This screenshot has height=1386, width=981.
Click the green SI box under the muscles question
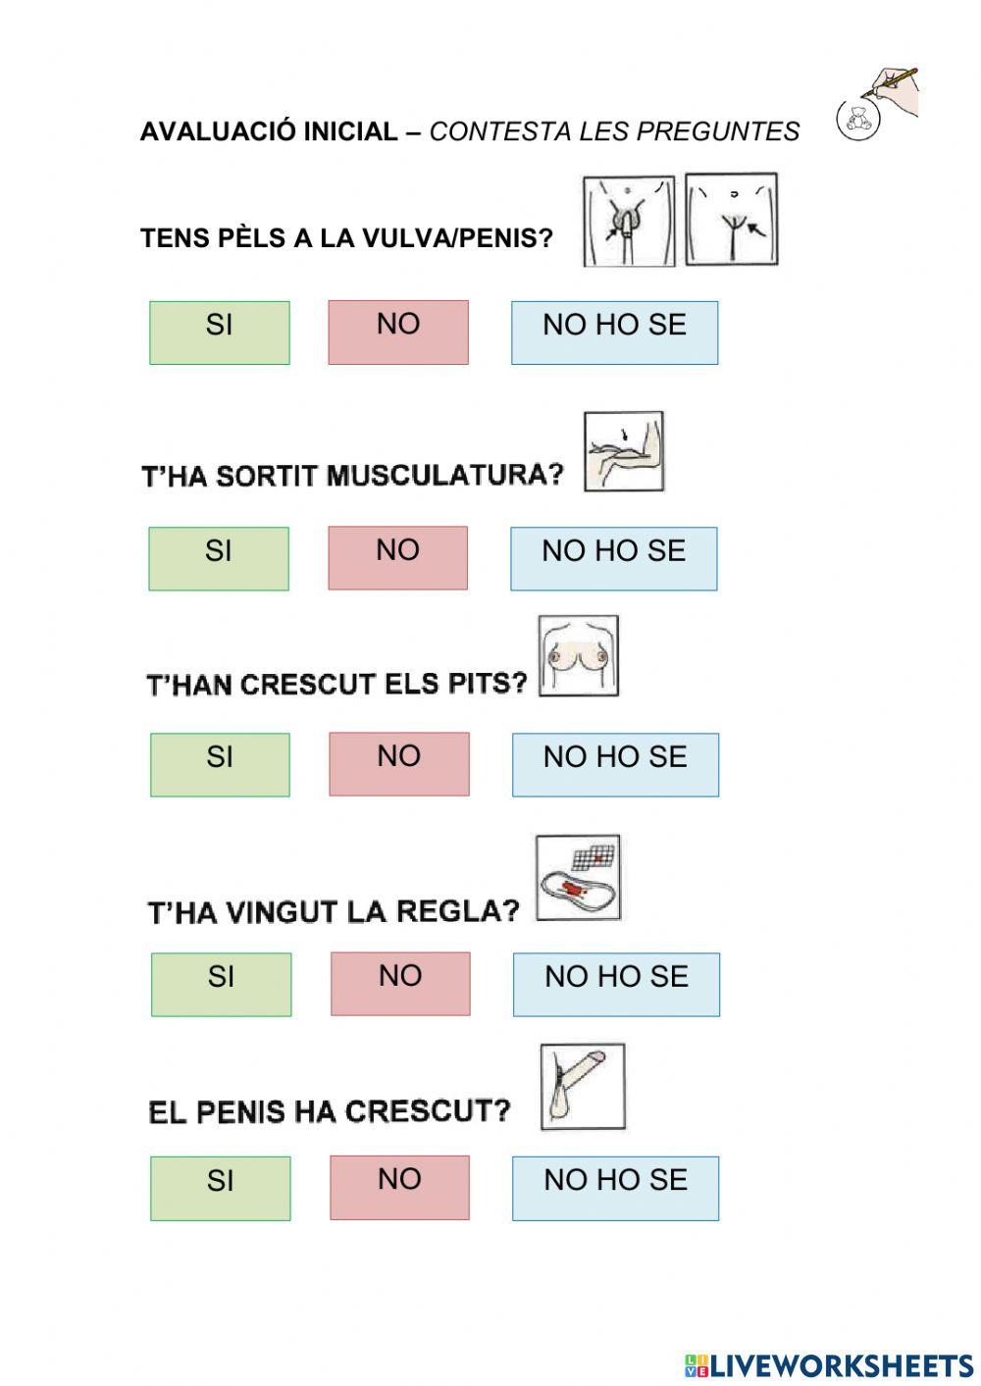pyautogui.click(x=219, y=558)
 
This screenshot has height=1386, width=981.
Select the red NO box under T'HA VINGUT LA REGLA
pyautogui.click(x=400, y=983)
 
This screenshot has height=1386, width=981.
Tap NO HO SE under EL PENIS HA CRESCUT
pyautogui.click(x=615, y=1188)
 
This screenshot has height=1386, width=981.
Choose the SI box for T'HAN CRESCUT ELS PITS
pyautogui.click(x=220, y=764)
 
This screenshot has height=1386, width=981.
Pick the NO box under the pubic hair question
pyautogui.click(x=398, y=333)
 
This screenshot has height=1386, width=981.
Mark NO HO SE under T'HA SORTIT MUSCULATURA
pyautogui.click(x=613, y=558)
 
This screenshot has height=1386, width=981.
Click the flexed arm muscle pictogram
pyautogui.click(x=624, y=452)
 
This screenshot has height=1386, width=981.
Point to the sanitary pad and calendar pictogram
pyautogui.click(x=578, y=878)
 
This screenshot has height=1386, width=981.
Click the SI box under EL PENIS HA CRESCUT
pyautogui.click(x=220, y=1188)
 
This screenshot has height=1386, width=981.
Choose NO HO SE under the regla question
pyautogui.click(x=616, y=984)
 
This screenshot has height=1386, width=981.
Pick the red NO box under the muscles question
pyautogui.click(x=397, y=558)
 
